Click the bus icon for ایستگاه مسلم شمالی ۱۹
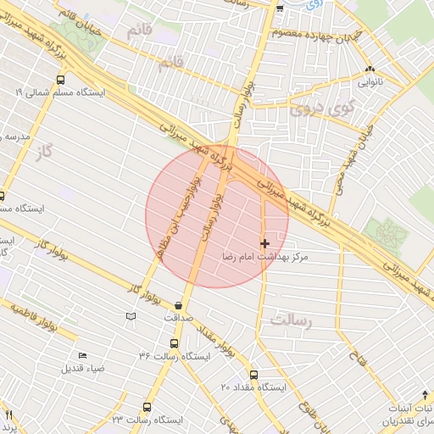[x=60, y=80]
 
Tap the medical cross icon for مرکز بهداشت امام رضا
[x=264, y=243]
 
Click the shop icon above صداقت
[x=178, y=305]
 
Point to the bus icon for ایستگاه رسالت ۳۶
[x=174, y=343]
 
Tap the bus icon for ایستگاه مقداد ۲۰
[x=253, y=374]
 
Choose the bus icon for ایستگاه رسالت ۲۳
[x=147, y=407]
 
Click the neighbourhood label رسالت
[x=292, y=320]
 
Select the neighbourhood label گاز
[x=41, y=153]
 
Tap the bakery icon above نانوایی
[x=369, y=71]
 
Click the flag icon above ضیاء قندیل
[x=81, y=355]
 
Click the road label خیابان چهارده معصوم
[x=314, y=35]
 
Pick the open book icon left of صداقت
[x=130, y=316]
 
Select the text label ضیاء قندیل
[x=82, y=369]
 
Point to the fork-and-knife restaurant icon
[x=8, y=415]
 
